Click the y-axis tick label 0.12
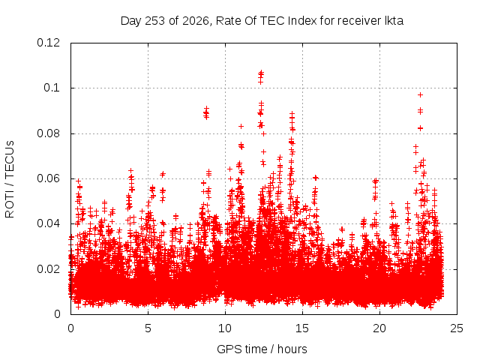[x=48, y=43]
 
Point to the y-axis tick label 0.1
[x=52, y=88]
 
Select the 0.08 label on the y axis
[x=48, y=133]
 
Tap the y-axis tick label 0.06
[x=48, y=178]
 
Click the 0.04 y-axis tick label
[x=48, y=223]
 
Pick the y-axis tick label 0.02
[x=48, y=269]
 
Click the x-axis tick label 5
[x=148, y=328]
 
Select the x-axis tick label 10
[x=225, y=328]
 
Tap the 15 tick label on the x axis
[x=302, y=328]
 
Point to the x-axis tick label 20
[x=379, y=328]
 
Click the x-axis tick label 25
[x=457, y=328]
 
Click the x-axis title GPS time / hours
[x=262, y=349]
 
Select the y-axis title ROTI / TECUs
[x=10, y=179]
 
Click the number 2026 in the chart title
[x=195, y=21]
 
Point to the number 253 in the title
[x=155, y=21]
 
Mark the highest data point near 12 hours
[x=261, y=72]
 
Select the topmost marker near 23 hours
[x=420, y=95]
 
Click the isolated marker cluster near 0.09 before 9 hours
[x=206, y=113]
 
